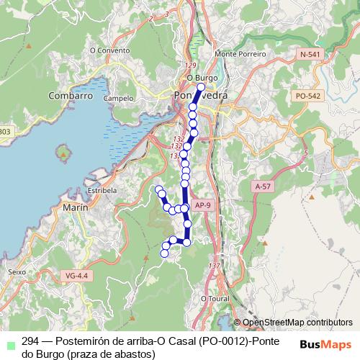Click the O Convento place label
pyautogui.click(x=109, y=50)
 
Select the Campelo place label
pyautogui.click(x=118, y=97)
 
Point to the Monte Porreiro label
pyautogui.click(x=240, y=54)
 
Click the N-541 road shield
pyautogui.click(x=311, y=54)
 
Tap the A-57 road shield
pyautogui.click(x=264, y=186)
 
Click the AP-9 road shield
pyautogui.click(x=204, y=204)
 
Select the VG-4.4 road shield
pyautogui.click(x=76, y=275)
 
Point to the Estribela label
pyautogui.click(x=102, y=190)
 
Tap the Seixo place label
pyautogui.click(x=16, y=272)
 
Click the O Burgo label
pyautogui.click(x=202, y=77)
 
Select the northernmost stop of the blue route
pyautogui.click(x=201, y=87)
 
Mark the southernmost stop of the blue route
pyautogui.click(x=164, y=253)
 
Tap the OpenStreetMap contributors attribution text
pyautogui.click(x=297, y=323)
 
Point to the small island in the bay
pyautogui.click(x=68, y=152)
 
